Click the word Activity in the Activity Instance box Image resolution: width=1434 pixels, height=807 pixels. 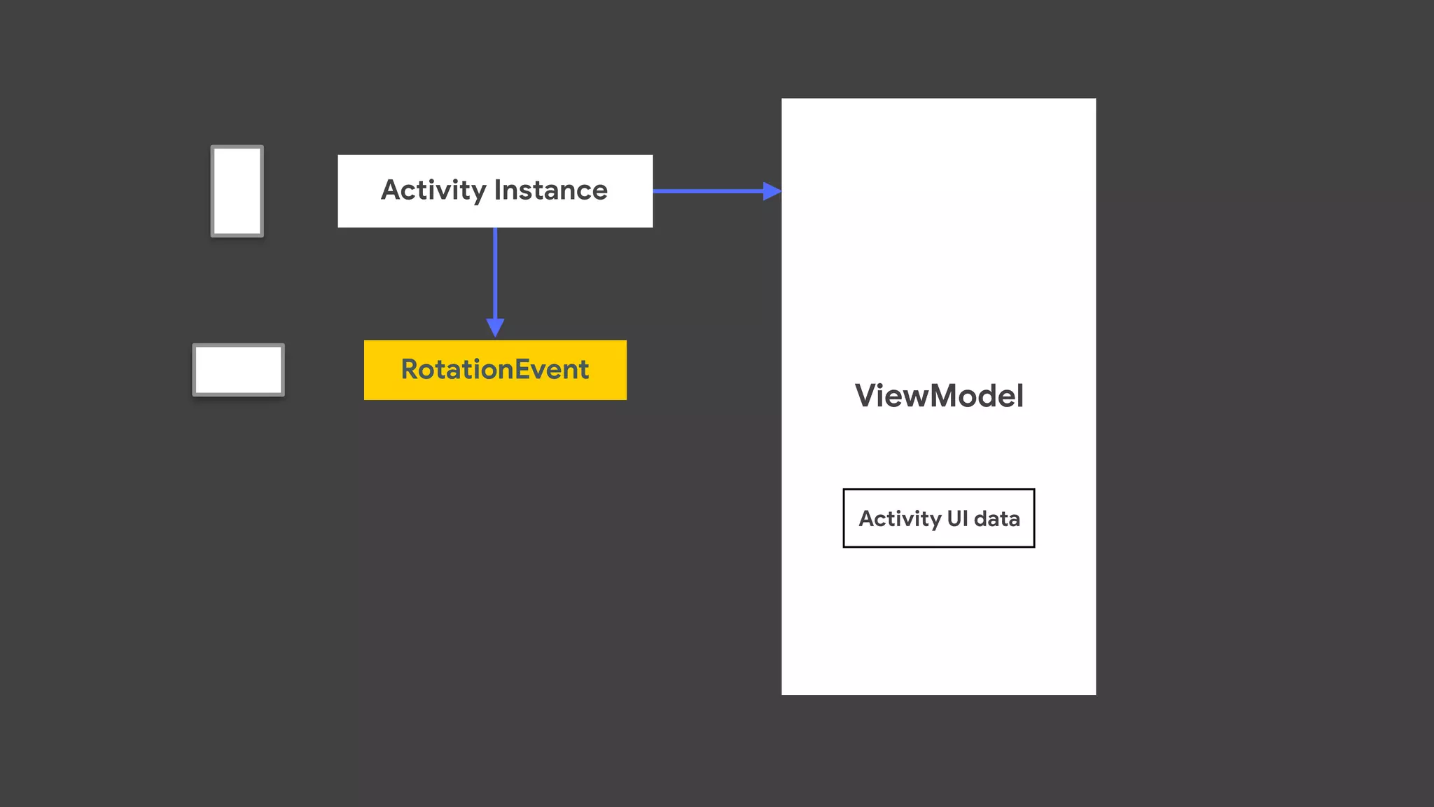[x=433, y=191]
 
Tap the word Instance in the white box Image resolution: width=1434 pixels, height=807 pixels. [x=551, y=191]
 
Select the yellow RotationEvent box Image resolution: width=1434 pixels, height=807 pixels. [x=495, y=370]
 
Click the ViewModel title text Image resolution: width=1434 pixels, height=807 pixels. [x=939, y=396]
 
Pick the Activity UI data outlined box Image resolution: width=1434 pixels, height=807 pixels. [x=938, y=518]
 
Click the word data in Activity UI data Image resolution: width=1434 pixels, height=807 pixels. [x=996, y=518]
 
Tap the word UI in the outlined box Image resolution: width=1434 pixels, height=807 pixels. [x=957, y=518]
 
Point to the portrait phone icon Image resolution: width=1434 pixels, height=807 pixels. [x=237, y=191]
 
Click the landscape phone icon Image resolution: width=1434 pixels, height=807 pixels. [x=239, y=370]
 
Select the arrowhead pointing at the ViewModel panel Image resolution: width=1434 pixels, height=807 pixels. [x=772, y=191]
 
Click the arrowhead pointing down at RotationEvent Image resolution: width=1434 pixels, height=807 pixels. [x=495, y=327]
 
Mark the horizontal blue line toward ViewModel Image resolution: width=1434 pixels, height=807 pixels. [x=707, y=191]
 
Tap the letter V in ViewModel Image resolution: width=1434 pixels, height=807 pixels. [x=866, y=396]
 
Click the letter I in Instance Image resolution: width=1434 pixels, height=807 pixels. [x=498, y=191]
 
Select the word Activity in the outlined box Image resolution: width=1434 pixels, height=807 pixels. [x=900, y=518]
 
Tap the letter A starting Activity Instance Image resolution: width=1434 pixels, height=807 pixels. [x=391, y=191]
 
